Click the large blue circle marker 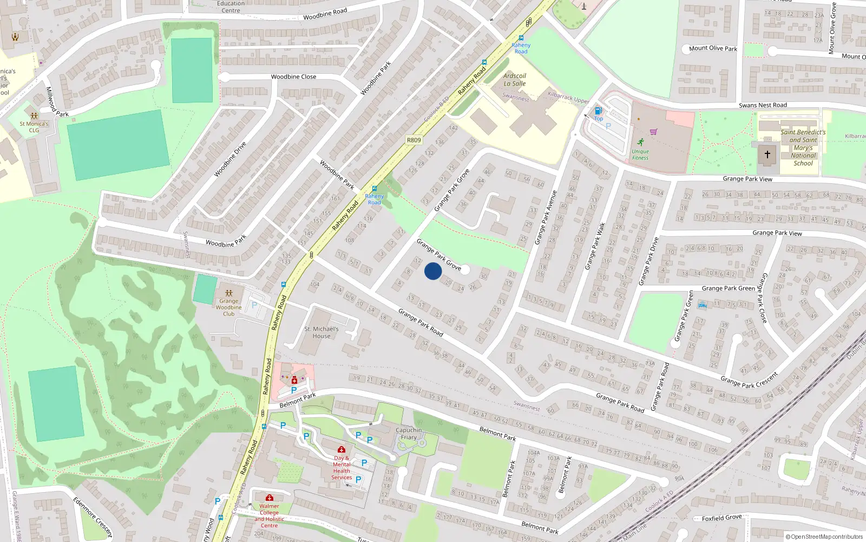pos(433,271)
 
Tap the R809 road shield pos(414,140)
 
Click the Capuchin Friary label pos(409,434)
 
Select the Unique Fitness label pos(640,154)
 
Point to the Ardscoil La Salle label pos(514,80)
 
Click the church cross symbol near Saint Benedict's pos(767,154)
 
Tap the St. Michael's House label pos(322,332)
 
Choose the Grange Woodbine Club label pos(229,307)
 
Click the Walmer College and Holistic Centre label pos(269,515)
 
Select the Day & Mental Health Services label pos(342,468)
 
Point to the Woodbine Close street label pos(293,77)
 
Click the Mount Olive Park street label pos(713,48)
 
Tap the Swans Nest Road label pos(763,105)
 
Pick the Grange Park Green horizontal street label pos(728,288)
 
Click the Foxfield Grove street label pos(721,518)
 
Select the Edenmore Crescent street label pos(93,517)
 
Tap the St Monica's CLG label pos(34,127)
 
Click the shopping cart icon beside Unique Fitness pos(653,132)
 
